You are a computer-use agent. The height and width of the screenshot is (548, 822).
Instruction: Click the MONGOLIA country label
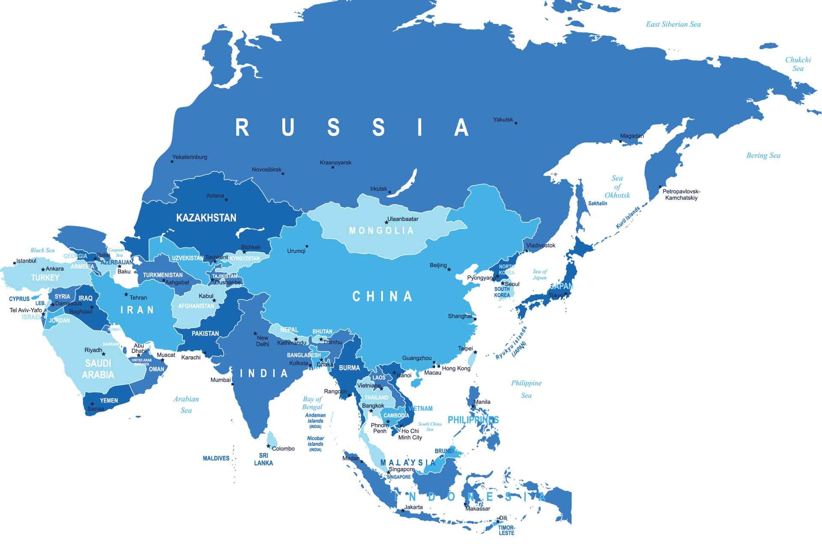coord(381,231)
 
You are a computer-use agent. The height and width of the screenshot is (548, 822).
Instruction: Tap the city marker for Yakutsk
coord(516,123)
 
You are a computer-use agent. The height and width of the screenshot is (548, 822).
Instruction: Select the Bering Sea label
coord(763,156)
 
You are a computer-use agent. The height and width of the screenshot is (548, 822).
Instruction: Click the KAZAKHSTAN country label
coord(206,218)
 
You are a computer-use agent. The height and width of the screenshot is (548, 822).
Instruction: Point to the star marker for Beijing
coord(449,269)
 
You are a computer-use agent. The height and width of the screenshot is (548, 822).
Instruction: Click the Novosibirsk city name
coord(266,170)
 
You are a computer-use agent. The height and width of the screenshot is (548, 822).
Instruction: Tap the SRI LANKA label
coord(263,459)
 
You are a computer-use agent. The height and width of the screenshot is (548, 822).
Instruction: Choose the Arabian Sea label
coord(186,405)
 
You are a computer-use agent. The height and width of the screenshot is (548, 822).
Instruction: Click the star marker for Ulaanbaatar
coord(387,222)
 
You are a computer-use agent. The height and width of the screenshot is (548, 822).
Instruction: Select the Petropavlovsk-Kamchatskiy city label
coord(681,195)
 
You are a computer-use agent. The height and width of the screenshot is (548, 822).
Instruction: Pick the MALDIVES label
coord(216,459)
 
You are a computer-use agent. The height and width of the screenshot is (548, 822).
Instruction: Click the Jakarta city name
coord(413,507)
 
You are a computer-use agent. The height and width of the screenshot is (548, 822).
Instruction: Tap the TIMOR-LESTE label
coord(506,530)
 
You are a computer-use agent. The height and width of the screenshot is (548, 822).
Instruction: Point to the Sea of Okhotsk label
coord(617,187)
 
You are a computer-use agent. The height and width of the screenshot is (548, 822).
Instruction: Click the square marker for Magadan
coord(621,141)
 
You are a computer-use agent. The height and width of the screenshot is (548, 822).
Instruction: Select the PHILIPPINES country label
coord(473,420)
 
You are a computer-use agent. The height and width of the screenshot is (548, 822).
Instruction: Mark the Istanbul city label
coord(26,261)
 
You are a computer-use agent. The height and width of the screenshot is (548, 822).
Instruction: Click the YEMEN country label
coord(109,401)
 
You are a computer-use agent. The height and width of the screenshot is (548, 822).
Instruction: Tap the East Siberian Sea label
coord(673,24)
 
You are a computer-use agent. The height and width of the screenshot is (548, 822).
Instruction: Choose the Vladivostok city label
coord(541,245)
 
